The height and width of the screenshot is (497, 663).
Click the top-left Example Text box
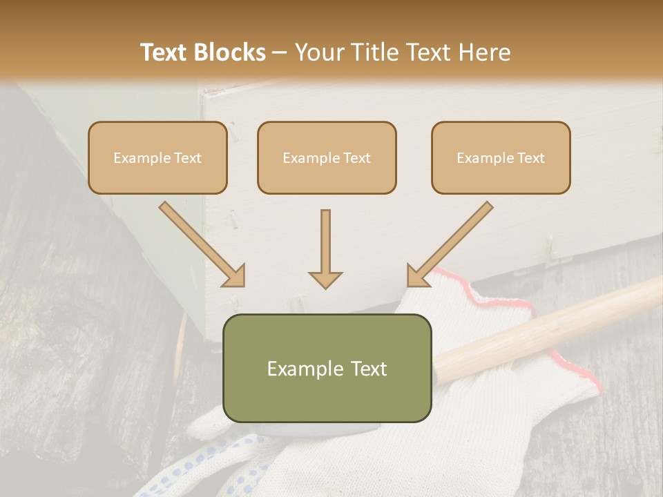coord(157,157)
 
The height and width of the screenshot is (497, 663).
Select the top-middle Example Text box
coord(327,157)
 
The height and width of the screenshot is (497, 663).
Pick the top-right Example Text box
coord(501,157)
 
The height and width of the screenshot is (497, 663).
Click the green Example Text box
coord(327,368)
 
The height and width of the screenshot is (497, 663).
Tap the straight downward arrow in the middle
coord(325,248)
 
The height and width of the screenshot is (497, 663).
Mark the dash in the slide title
coord(280,53)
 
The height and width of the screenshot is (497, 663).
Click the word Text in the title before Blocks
coord(165,52)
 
